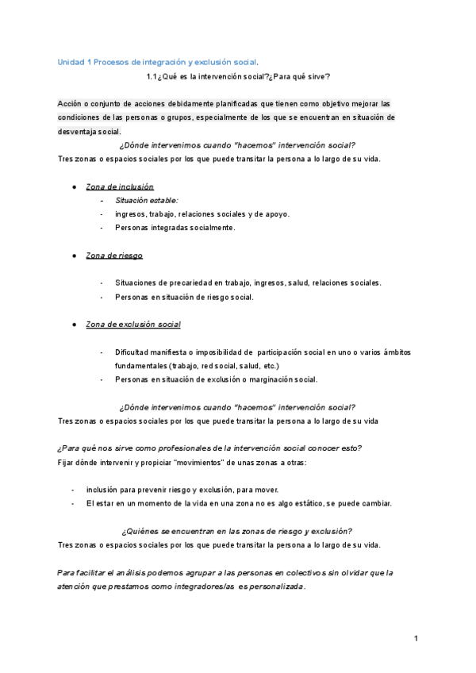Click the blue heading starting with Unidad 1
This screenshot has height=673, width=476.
159,62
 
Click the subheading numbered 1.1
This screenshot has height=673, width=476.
238,77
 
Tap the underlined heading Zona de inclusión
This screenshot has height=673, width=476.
120,186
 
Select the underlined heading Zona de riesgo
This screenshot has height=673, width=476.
114,256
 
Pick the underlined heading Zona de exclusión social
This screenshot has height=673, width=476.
133,325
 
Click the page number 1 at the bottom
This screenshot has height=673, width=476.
416,639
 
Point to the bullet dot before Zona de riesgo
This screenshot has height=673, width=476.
74,256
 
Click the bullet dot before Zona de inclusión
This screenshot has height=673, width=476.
74,186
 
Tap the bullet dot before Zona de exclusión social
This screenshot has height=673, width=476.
74,325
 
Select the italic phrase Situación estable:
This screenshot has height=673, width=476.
147,200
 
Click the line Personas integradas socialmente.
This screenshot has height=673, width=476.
175,228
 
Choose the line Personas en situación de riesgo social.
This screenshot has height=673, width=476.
184,297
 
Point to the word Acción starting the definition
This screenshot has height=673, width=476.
71,104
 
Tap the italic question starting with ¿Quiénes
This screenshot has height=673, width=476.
238,531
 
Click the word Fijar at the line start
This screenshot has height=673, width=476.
67,462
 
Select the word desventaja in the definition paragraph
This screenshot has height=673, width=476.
78,132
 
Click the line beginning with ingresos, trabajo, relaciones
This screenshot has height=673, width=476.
202,214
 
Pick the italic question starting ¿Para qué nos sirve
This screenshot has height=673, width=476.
210,448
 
